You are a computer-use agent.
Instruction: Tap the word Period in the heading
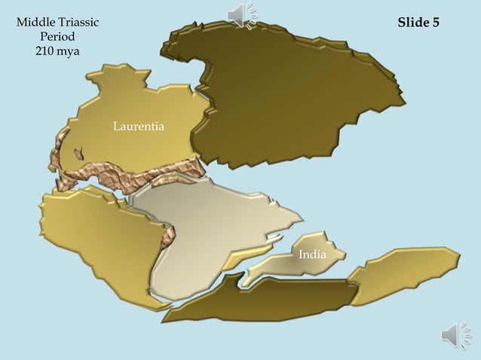(57, 37)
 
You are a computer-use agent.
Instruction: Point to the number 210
(45, 51)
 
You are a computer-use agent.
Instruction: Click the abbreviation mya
(69, 51)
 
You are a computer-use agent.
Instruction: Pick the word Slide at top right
(413, 23)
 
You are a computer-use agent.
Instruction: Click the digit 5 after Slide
(436, 23)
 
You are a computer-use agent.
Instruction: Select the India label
(312, 255)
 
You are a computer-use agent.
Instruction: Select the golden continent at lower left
(98, 241)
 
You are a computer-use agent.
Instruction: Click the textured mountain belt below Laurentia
(128, 178)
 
